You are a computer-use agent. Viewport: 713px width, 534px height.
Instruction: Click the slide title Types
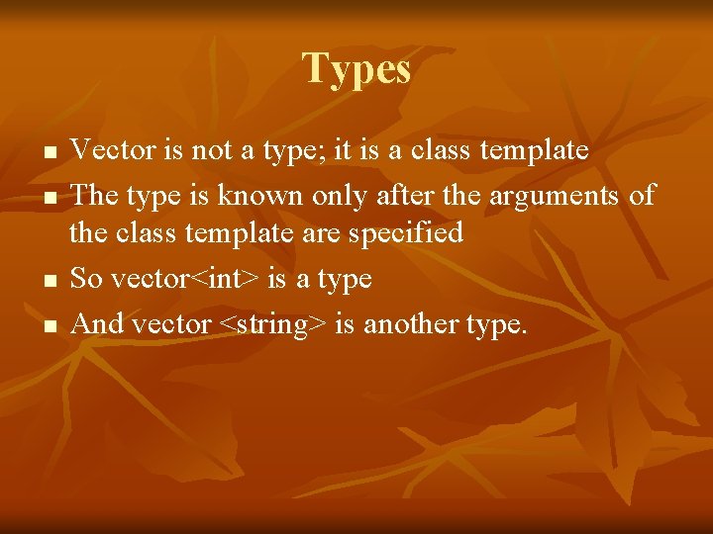356,69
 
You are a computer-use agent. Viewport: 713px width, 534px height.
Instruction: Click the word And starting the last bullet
98,322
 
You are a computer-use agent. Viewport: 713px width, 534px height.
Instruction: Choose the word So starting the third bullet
87,278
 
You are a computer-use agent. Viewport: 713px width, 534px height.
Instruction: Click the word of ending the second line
642,195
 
